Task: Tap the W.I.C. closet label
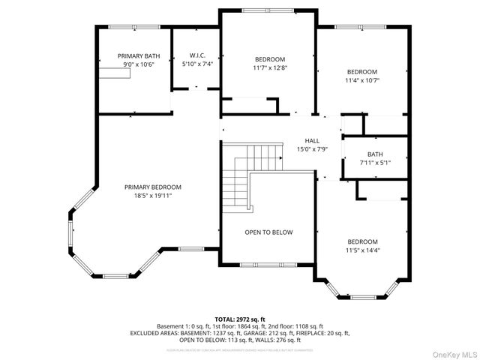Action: [198, 55]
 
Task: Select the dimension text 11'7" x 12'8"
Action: [269, 68]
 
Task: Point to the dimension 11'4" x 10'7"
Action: [362, 80]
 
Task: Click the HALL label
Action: [312, 141]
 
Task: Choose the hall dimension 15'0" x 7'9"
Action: [312, 149]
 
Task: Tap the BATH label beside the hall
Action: [374, 154]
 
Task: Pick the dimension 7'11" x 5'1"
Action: [374, 163]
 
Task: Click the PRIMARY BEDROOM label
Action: [152, 187]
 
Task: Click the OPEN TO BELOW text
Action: [268, 232]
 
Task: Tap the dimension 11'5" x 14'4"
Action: [362, 250]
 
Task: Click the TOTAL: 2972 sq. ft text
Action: [240, 319]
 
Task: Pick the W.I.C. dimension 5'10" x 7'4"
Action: [198, 64]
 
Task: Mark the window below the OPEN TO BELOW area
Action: [268, 265]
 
